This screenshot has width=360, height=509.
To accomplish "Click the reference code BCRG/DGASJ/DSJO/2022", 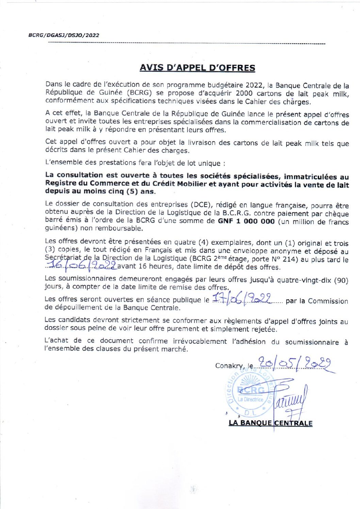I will [64, 35].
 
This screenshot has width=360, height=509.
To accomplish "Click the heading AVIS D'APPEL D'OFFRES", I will [197, 68].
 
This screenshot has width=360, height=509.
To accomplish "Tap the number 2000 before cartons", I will [244, 94].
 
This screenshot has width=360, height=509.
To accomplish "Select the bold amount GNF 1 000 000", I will [246, 221].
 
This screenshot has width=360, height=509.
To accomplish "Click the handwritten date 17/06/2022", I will [242, 299].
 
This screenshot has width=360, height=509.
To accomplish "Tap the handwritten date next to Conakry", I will [295, 364].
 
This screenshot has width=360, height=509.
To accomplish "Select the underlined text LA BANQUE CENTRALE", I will [271, 423].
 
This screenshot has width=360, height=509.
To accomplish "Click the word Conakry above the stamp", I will [229, 366].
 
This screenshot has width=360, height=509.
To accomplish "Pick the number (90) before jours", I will [341, 281].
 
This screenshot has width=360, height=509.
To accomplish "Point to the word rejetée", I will [263, 329].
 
